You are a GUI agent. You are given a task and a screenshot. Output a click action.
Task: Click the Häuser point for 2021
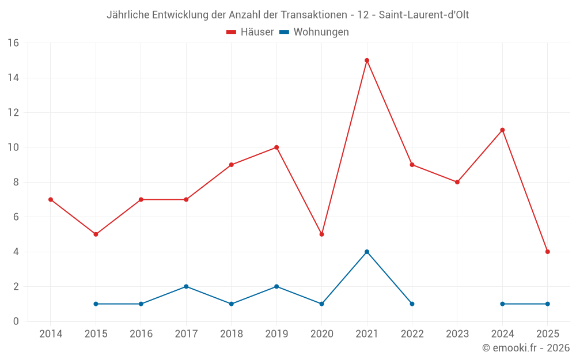[x=367, y=60]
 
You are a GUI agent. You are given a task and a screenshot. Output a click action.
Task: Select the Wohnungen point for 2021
[x=367, y=252]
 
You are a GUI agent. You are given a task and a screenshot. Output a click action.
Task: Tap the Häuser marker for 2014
[x=51, y=199]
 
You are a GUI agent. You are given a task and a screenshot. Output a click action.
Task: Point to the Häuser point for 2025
[x=547, y=252]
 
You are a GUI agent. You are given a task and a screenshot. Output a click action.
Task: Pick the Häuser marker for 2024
[x=502, y=130]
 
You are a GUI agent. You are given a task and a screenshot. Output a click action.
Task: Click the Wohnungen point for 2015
[x=96, y=304]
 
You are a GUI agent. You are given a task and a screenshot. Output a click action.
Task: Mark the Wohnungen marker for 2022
[x=412, y=304]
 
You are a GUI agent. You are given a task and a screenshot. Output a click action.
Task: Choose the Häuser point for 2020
[x=321, y=234]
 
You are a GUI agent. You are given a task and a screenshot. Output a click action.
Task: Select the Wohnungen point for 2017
[x=186, y=286]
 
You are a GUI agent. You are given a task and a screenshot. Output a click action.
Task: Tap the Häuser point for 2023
[x=457, y=182]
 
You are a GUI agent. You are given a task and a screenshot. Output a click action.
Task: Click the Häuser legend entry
[x=250, y=32]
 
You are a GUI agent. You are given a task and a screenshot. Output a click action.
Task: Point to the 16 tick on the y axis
[x=13, y=43]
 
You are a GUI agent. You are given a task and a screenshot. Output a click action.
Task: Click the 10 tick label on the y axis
[x=13, y=147]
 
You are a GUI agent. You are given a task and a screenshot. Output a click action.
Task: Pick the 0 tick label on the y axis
[x=16, y=321]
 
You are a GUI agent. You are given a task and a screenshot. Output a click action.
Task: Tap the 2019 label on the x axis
[x=276, y=334]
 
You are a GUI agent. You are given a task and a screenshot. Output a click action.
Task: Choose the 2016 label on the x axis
[x=141, y=334]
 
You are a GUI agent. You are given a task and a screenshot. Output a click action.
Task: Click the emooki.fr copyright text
[x=526, y=348]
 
